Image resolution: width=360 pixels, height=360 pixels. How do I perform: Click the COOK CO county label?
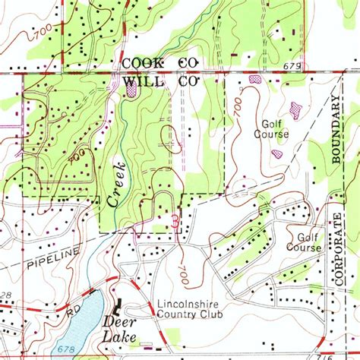159,64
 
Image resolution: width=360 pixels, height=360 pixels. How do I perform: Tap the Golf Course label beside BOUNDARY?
276,129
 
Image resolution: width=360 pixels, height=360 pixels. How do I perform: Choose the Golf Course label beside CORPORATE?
303,242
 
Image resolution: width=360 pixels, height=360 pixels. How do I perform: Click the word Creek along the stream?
117,185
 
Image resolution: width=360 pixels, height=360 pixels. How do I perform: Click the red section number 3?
176,222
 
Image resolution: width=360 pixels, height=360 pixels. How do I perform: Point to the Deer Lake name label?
119,330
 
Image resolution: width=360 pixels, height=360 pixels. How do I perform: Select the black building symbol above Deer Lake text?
118,308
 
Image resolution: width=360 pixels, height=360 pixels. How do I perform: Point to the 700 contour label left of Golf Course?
238,110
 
